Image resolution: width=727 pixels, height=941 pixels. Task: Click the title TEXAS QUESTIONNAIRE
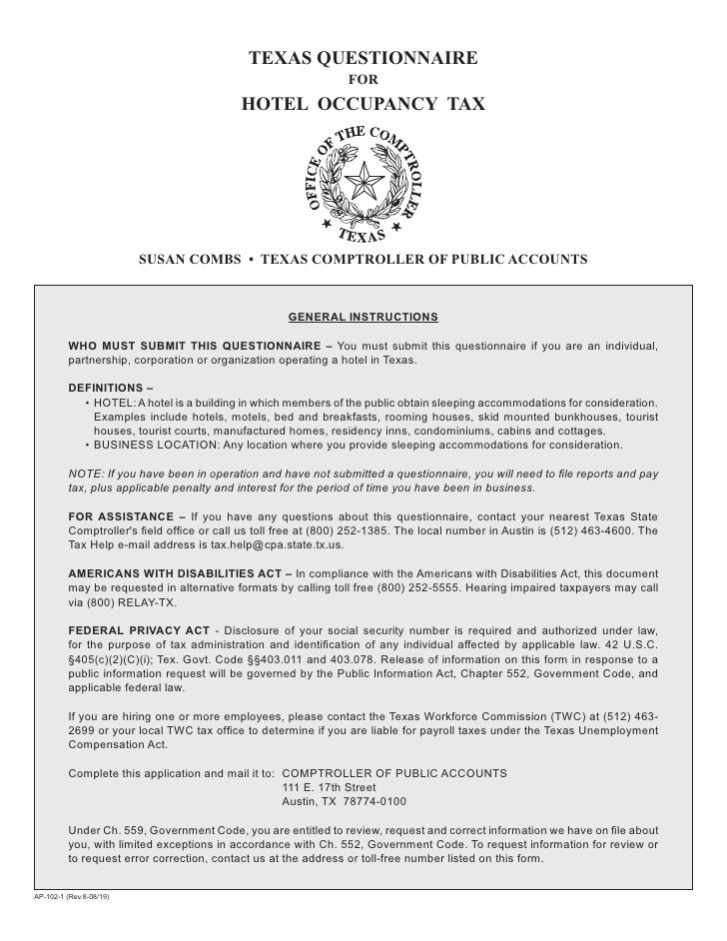pos(363,59)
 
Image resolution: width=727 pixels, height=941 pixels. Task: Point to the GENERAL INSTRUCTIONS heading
pos(363,317)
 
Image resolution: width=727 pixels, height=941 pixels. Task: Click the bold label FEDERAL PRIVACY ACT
pos(139,631)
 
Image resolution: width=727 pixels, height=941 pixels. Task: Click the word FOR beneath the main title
pos(363,81)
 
